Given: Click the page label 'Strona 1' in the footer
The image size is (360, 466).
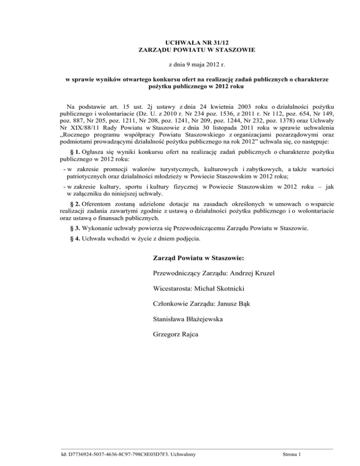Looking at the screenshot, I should click(294, 454).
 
